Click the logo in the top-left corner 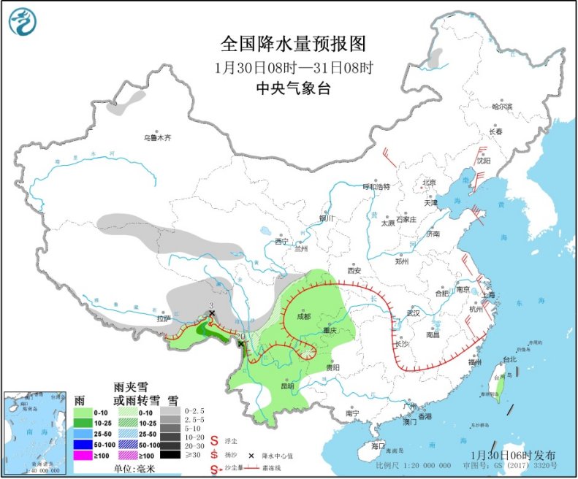(22, 22)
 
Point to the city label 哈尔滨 (502, 107)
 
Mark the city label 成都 (303, 316)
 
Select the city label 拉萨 (161, 318)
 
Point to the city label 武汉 (417, 313)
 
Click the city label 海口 (377, 445)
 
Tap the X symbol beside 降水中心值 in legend (251, 454)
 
